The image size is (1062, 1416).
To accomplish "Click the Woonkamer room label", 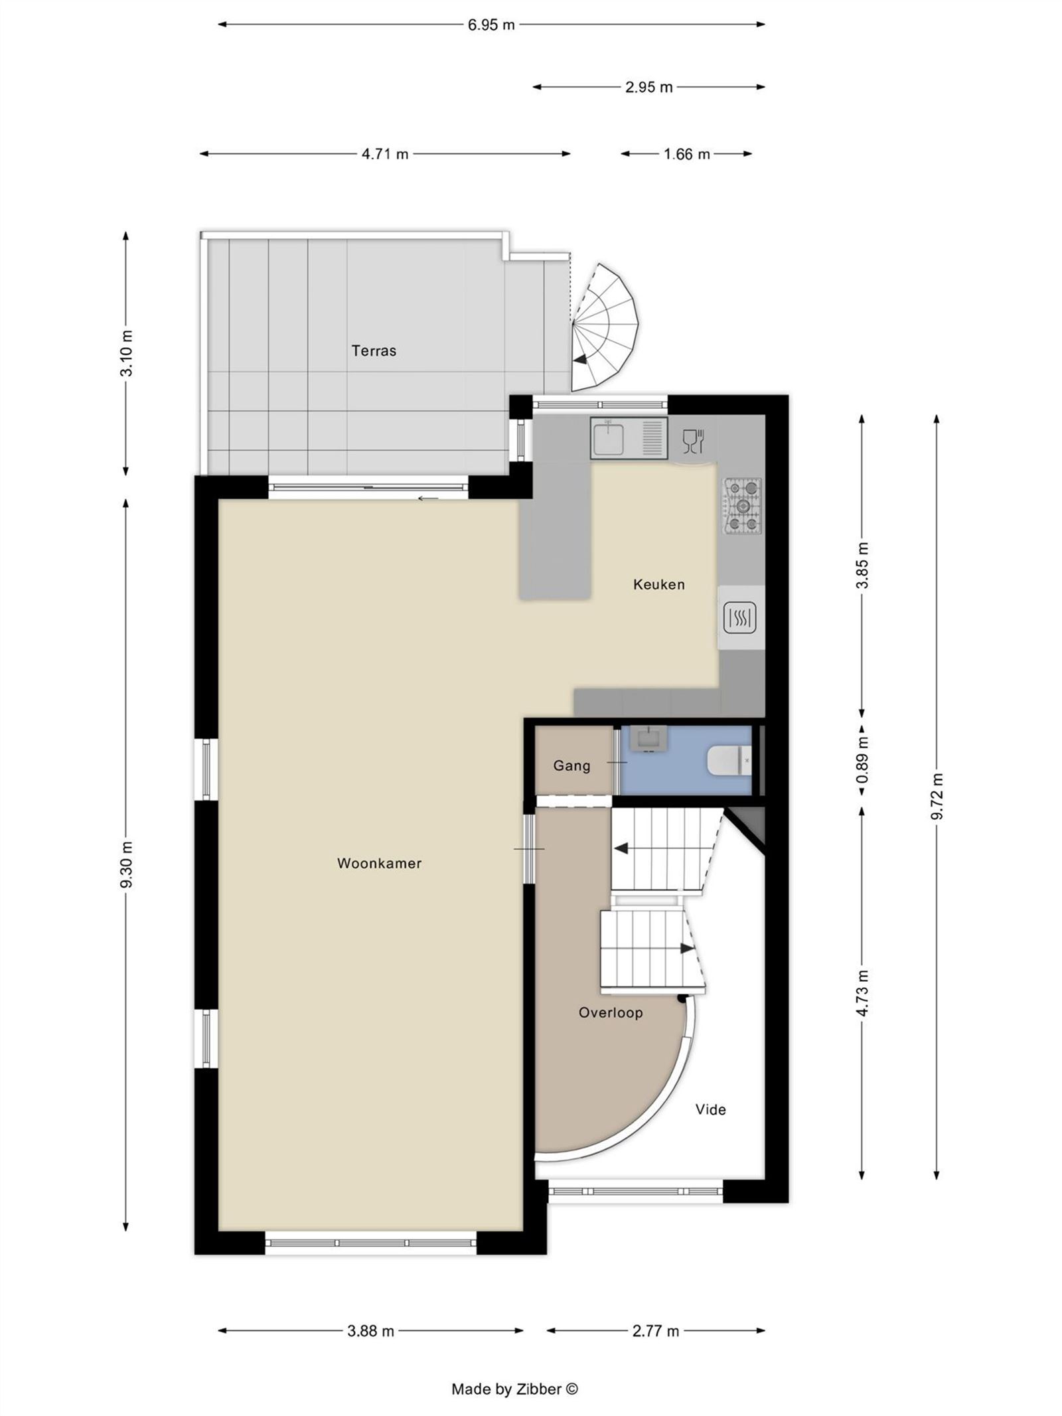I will tap(379, 864).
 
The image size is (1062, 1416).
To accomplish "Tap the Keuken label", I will tap(658, 585).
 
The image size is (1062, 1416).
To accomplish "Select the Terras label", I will tap(374, 351).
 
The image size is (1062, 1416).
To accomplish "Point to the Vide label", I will tap(710, 1110).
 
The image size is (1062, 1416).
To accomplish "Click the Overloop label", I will tap(610, 1013).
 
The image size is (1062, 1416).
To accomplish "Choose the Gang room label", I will tap(571, 766).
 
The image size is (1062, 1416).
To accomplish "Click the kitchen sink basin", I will tap(609, 439).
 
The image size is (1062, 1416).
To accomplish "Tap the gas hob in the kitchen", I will tap(743, 507).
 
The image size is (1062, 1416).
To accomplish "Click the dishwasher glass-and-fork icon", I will tap(693, 441).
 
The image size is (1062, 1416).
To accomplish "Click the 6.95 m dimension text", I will tap(491, 25).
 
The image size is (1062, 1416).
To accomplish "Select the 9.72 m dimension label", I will tap(937, 797).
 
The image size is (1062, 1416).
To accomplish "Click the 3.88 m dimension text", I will tap(370, 1331).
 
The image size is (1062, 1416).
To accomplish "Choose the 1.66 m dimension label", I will tap(686, 155).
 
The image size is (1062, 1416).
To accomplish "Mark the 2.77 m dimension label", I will tap(655, 1331).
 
